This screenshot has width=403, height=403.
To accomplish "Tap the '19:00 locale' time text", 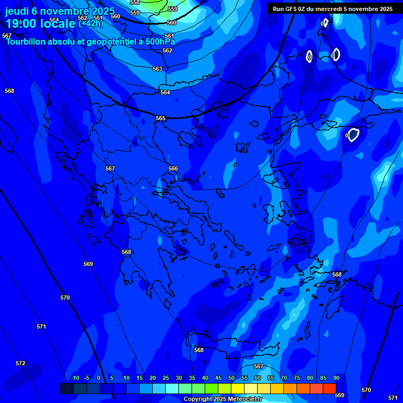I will [x=40, y=24].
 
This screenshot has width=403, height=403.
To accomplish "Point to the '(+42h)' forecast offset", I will [x=91, y=23].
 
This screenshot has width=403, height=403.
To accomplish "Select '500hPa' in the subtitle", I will [x=160, y=41].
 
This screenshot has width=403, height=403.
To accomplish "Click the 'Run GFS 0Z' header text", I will [x=290, y=9].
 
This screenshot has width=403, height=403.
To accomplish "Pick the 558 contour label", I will [x=135, y=3].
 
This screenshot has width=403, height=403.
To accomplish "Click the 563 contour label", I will [x=157, y=69].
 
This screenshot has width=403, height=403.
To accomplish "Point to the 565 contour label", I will [x=161, y=118].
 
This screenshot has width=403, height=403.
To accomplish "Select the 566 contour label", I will [x=173, y=168].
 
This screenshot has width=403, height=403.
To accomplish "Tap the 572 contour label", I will [x=20, y=363].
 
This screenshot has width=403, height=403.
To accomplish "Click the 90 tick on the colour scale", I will [x=336, y=378].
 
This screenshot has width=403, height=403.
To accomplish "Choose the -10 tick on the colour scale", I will [x=75, y=378].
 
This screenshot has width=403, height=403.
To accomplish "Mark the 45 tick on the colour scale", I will [x=218, y=378].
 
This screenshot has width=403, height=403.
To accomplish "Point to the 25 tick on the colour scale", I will [x=165, y=378].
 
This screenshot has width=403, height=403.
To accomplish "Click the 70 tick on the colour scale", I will [x=283, y=378].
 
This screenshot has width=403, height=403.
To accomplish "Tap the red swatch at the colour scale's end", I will [x=329, y=388].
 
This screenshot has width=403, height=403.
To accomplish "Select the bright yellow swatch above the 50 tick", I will [x=237, y=388].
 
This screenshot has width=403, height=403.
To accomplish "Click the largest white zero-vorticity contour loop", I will [x=353, y=135].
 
